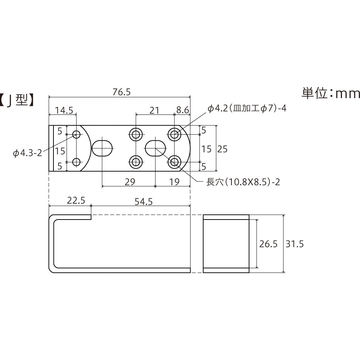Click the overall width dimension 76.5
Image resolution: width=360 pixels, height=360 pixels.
point(121,92)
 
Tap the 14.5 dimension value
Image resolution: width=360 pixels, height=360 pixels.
point(64,110)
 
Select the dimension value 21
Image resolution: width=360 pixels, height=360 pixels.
point(154,110)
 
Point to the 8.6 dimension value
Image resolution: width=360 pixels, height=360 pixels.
point(182,110)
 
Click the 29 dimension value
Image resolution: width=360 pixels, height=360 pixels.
point(130,182)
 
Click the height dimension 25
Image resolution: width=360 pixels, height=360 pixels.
point(222,148)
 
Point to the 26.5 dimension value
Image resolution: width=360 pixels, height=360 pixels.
point(268,244)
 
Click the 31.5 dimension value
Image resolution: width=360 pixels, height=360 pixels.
point(295,244)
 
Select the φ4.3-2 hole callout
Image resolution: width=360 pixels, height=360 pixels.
point(27,153)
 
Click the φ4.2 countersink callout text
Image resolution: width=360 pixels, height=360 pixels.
point(247,108)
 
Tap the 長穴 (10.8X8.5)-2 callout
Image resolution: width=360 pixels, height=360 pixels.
point(243,182)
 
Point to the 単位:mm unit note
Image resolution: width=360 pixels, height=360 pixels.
point(331,93)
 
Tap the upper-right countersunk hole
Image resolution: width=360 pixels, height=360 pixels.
point(175,135)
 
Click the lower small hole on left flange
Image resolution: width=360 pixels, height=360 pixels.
point(76,162)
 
